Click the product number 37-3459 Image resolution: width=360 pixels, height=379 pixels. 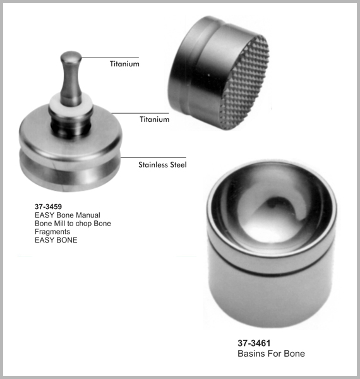pyautogui.click(x=48, y=207)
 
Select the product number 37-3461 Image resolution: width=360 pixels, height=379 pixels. pyautogui.click(x=254, y=343)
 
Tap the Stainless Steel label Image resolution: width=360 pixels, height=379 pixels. pyautogui.click(x=162, y=165)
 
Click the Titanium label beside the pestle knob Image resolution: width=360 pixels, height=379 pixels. pyautogui.click(x=124, y=64)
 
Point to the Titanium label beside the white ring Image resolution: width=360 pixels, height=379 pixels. pyautogui.click(x=154, y=119)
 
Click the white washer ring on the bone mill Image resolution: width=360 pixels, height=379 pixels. pyautogui.click(x=71, y=105)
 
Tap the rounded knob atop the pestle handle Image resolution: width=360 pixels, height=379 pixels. pyautogui.click(x=71, y=57)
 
